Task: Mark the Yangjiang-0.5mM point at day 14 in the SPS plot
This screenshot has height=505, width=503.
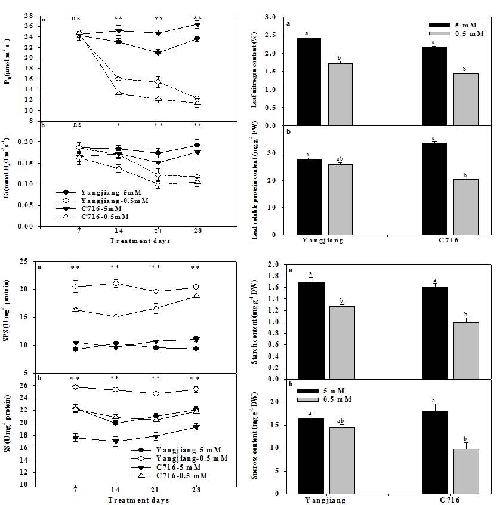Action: point(118,283)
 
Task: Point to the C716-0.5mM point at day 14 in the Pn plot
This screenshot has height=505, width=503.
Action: point(119,93)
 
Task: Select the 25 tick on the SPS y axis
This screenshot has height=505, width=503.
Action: point(24,261)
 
